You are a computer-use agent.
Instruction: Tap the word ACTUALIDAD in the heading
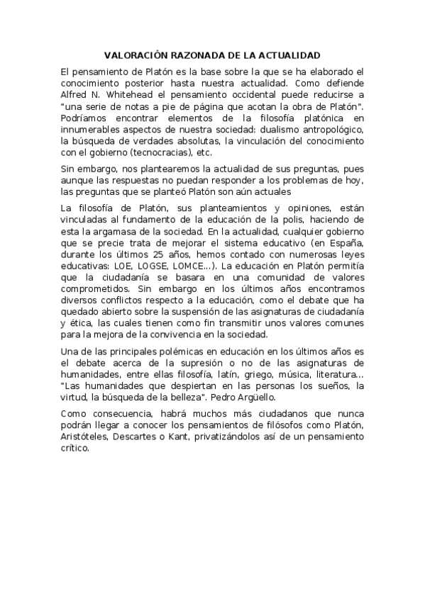coord(289,55)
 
